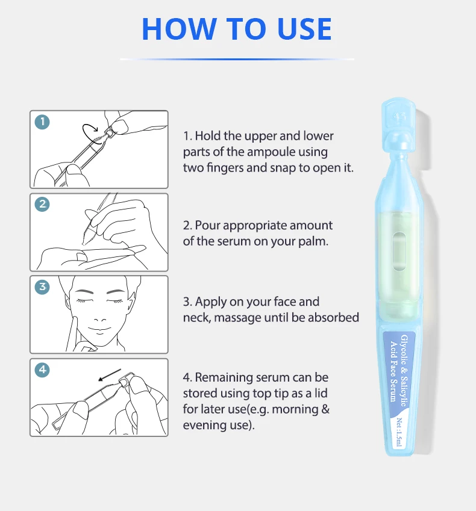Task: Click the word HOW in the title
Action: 180,29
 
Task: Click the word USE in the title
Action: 305,29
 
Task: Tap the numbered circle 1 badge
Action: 42,122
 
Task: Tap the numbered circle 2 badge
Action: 42,204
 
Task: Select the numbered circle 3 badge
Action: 42,286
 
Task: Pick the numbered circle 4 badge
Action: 42,370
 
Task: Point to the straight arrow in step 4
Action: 110,375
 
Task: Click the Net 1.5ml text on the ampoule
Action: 399,432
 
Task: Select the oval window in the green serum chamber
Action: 399,250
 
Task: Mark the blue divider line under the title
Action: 237,60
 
